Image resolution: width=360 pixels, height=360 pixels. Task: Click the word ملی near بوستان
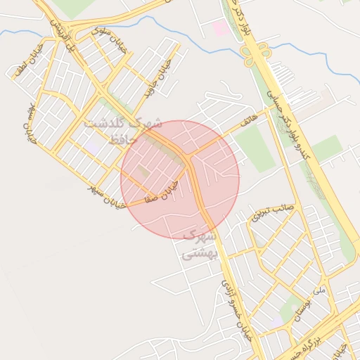320,290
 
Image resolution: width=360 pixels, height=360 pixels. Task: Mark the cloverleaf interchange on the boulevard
257,53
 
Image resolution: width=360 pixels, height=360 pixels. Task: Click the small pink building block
221,29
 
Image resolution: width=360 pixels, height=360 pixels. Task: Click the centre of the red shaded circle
180,179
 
